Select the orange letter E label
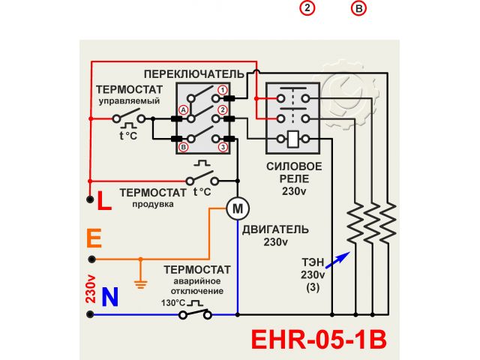pyautogui.click(x=94, y=239)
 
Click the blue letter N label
pyautogui.click(x=109, y=298)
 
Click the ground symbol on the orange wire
pyautogui.click(x=139, y=282)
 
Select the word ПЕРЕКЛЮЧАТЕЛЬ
pyautogui.click(x=193, y=73)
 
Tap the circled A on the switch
pyautogui.click(x=181, y=109)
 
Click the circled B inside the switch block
pyautogui.click(x=181, y=148)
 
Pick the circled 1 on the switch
pyautogui.click(x=223, y=91)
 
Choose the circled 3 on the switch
pyautogui.click(x=223, y=148)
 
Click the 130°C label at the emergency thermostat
pyautogui.click(x=172, y=303)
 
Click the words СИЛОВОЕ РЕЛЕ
pyautogui.click(x=295, y=172)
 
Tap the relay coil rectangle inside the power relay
pyautogui.click(x=294, y=138)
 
